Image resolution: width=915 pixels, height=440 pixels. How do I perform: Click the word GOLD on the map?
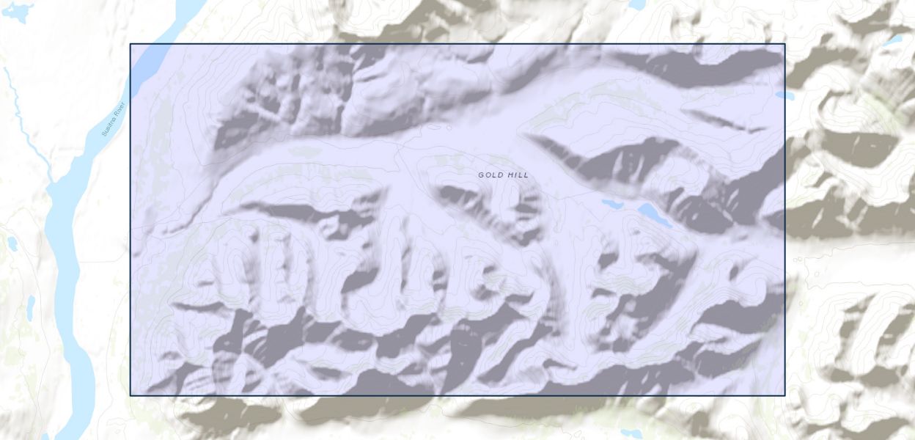[490, 175]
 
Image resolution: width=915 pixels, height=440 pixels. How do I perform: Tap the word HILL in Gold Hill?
[517, 175]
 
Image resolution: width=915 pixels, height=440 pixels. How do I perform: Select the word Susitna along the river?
[110, 126]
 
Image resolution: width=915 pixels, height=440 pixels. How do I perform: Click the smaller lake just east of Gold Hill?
[609, 203]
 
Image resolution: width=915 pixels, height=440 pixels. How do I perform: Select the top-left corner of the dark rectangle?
[131, 44]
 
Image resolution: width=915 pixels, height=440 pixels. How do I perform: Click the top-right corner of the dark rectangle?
[784, 44]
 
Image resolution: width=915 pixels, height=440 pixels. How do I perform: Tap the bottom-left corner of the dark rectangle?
[131, 395]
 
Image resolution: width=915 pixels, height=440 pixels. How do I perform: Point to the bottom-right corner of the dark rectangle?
[784, 395]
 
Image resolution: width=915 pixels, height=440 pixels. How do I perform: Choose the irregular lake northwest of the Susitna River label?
[18, 12]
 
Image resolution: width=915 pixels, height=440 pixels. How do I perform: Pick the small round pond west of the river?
[12, 243]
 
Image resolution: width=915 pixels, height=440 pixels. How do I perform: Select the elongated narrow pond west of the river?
[31, 307]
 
